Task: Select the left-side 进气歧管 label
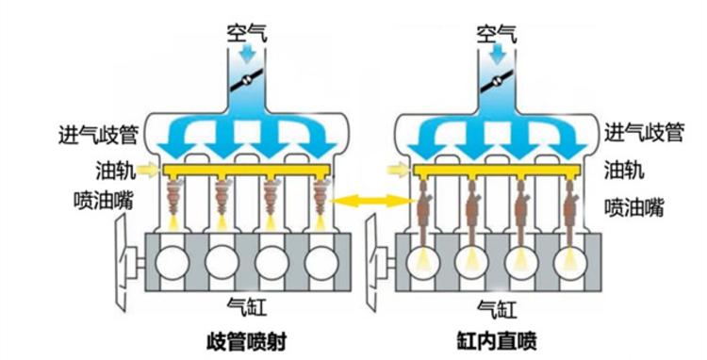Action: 96,134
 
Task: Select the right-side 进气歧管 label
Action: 643,133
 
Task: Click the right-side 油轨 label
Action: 622,170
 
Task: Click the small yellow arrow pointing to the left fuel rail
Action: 149,171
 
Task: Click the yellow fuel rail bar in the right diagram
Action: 494,172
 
